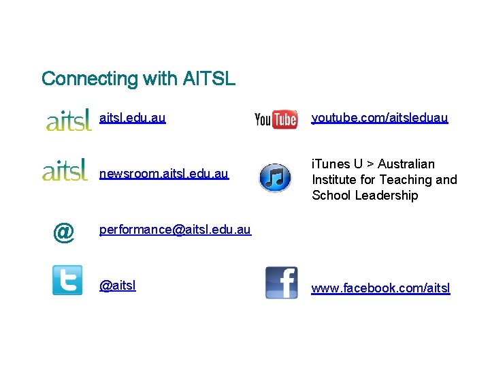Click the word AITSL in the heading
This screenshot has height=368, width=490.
[x=209, y=79]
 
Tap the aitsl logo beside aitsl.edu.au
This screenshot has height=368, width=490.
[x=68, y=120]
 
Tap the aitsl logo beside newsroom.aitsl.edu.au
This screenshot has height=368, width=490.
[x=65, y=169]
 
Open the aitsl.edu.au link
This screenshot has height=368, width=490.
[x=132, y=118]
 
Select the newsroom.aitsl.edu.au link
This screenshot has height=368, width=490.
[x=164, y=174]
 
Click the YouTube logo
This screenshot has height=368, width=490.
[x=276, y=119]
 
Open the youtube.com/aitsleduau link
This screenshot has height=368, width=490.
[x=380, y=118]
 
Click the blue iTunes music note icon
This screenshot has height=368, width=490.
[x=276, y=179]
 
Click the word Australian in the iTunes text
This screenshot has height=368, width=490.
[x=406, y=164]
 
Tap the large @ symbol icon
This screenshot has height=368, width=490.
[x=63, y=232]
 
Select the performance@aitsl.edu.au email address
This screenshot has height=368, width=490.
[x=175, y=230]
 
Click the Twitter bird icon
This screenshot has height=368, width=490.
[x=67, y=280]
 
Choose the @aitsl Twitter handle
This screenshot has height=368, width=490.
[x=118, y=286]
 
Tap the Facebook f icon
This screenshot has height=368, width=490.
[x=281, y=282]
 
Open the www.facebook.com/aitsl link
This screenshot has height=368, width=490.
[x=380, y=288]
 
